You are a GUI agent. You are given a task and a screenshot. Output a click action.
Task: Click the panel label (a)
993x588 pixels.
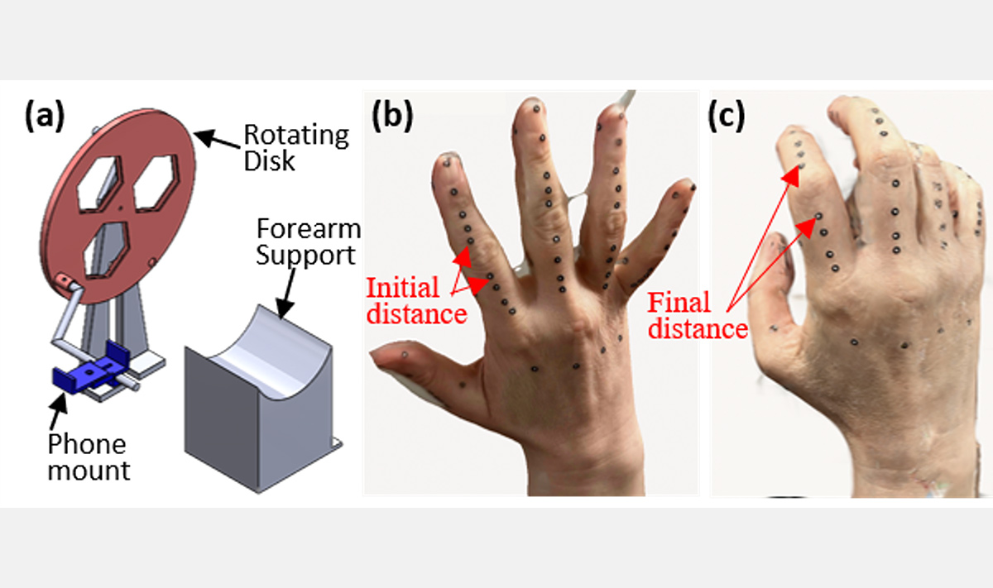[45, 117]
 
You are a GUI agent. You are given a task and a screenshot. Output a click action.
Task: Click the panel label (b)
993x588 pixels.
[392, 117]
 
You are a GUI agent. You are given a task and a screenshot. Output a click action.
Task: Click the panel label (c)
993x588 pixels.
[727, 117]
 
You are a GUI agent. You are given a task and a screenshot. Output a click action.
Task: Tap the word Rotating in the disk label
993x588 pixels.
[296, 136]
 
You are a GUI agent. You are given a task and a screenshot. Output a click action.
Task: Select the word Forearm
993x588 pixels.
[309, 228]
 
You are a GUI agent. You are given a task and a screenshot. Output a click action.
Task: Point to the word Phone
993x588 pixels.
[87, 444]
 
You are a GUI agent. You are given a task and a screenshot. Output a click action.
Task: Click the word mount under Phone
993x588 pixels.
[89, 471]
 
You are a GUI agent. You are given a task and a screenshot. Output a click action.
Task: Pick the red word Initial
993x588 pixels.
[402, 288]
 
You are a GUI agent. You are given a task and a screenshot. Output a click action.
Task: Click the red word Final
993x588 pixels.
[679, 303]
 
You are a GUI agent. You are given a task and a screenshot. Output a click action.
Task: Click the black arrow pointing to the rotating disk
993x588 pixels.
[217, 139]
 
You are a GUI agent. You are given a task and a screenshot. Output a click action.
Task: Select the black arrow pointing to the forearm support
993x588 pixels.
[286, 294]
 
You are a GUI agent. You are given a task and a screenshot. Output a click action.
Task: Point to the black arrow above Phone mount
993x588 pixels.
[59, 410]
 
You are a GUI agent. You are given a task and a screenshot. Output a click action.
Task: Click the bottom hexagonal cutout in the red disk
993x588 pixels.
[107, 251]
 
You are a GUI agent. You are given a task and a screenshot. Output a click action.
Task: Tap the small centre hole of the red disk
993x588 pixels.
[120, 207]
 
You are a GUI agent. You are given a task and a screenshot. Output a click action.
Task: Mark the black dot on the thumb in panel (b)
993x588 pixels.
[405, 355]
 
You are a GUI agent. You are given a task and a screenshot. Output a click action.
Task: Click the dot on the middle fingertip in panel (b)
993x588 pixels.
[537, 108]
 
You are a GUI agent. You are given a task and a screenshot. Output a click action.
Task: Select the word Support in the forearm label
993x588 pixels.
[306, 256]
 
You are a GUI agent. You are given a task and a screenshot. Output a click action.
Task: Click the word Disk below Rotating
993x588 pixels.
[269, 160]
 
